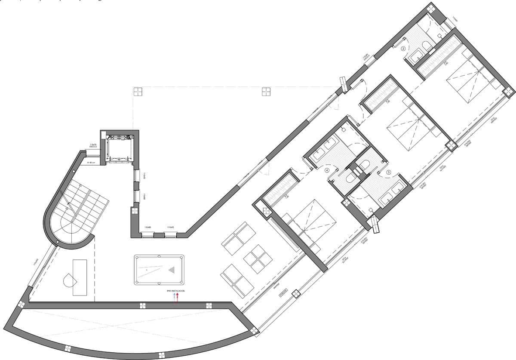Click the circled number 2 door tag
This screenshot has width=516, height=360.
[x=403, y=49]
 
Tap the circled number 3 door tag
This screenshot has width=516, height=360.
[x=388, y=172]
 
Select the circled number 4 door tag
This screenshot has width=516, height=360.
[x=327, y=171]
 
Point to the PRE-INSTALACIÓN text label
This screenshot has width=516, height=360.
[x=176, y=292]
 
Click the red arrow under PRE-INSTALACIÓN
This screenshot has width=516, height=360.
[x=176, y=298]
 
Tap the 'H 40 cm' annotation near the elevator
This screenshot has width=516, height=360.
[x=91, y=163]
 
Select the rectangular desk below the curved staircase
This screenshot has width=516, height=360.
[x=80, y=277]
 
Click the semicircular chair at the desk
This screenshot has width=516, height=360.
[x=69, y=282]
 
